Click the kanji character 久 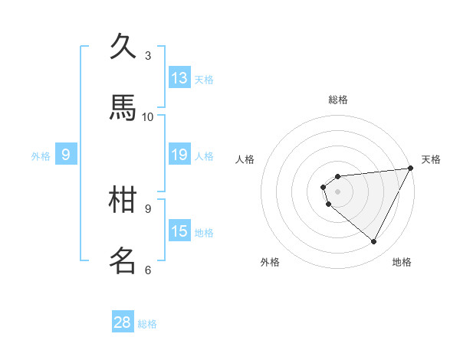tap(123, 47)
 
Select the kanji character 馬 tap(123, 108)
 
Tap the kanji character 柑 tap(123, 200)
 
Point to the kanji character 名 tap(123, 261)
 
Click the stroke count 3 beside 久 tap(148, 55)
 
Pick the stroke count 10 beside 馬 tap(148, 116)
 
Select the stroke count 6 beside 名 tap(148, 270)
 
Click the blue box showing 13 tap(179, 78)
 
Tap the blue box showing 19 tap(179, 155)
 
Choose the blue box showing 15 tap(179, 231)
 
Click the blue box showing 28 tap(123, 322)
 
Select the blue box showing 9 tap(66, 155)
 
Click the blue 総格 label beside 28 tap(147, 324)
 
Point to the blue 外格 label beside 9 tap(41, 156)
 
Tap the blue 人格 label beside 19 tap(204, 156)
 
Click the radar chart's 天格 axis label tap(431, 159)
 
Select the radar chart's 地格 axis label tap(402, 262)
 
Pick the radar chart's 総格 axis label tap(338, 100)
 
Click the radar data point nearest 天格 tap(411, 169)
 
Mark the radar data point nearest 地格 tap(374, 242)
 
